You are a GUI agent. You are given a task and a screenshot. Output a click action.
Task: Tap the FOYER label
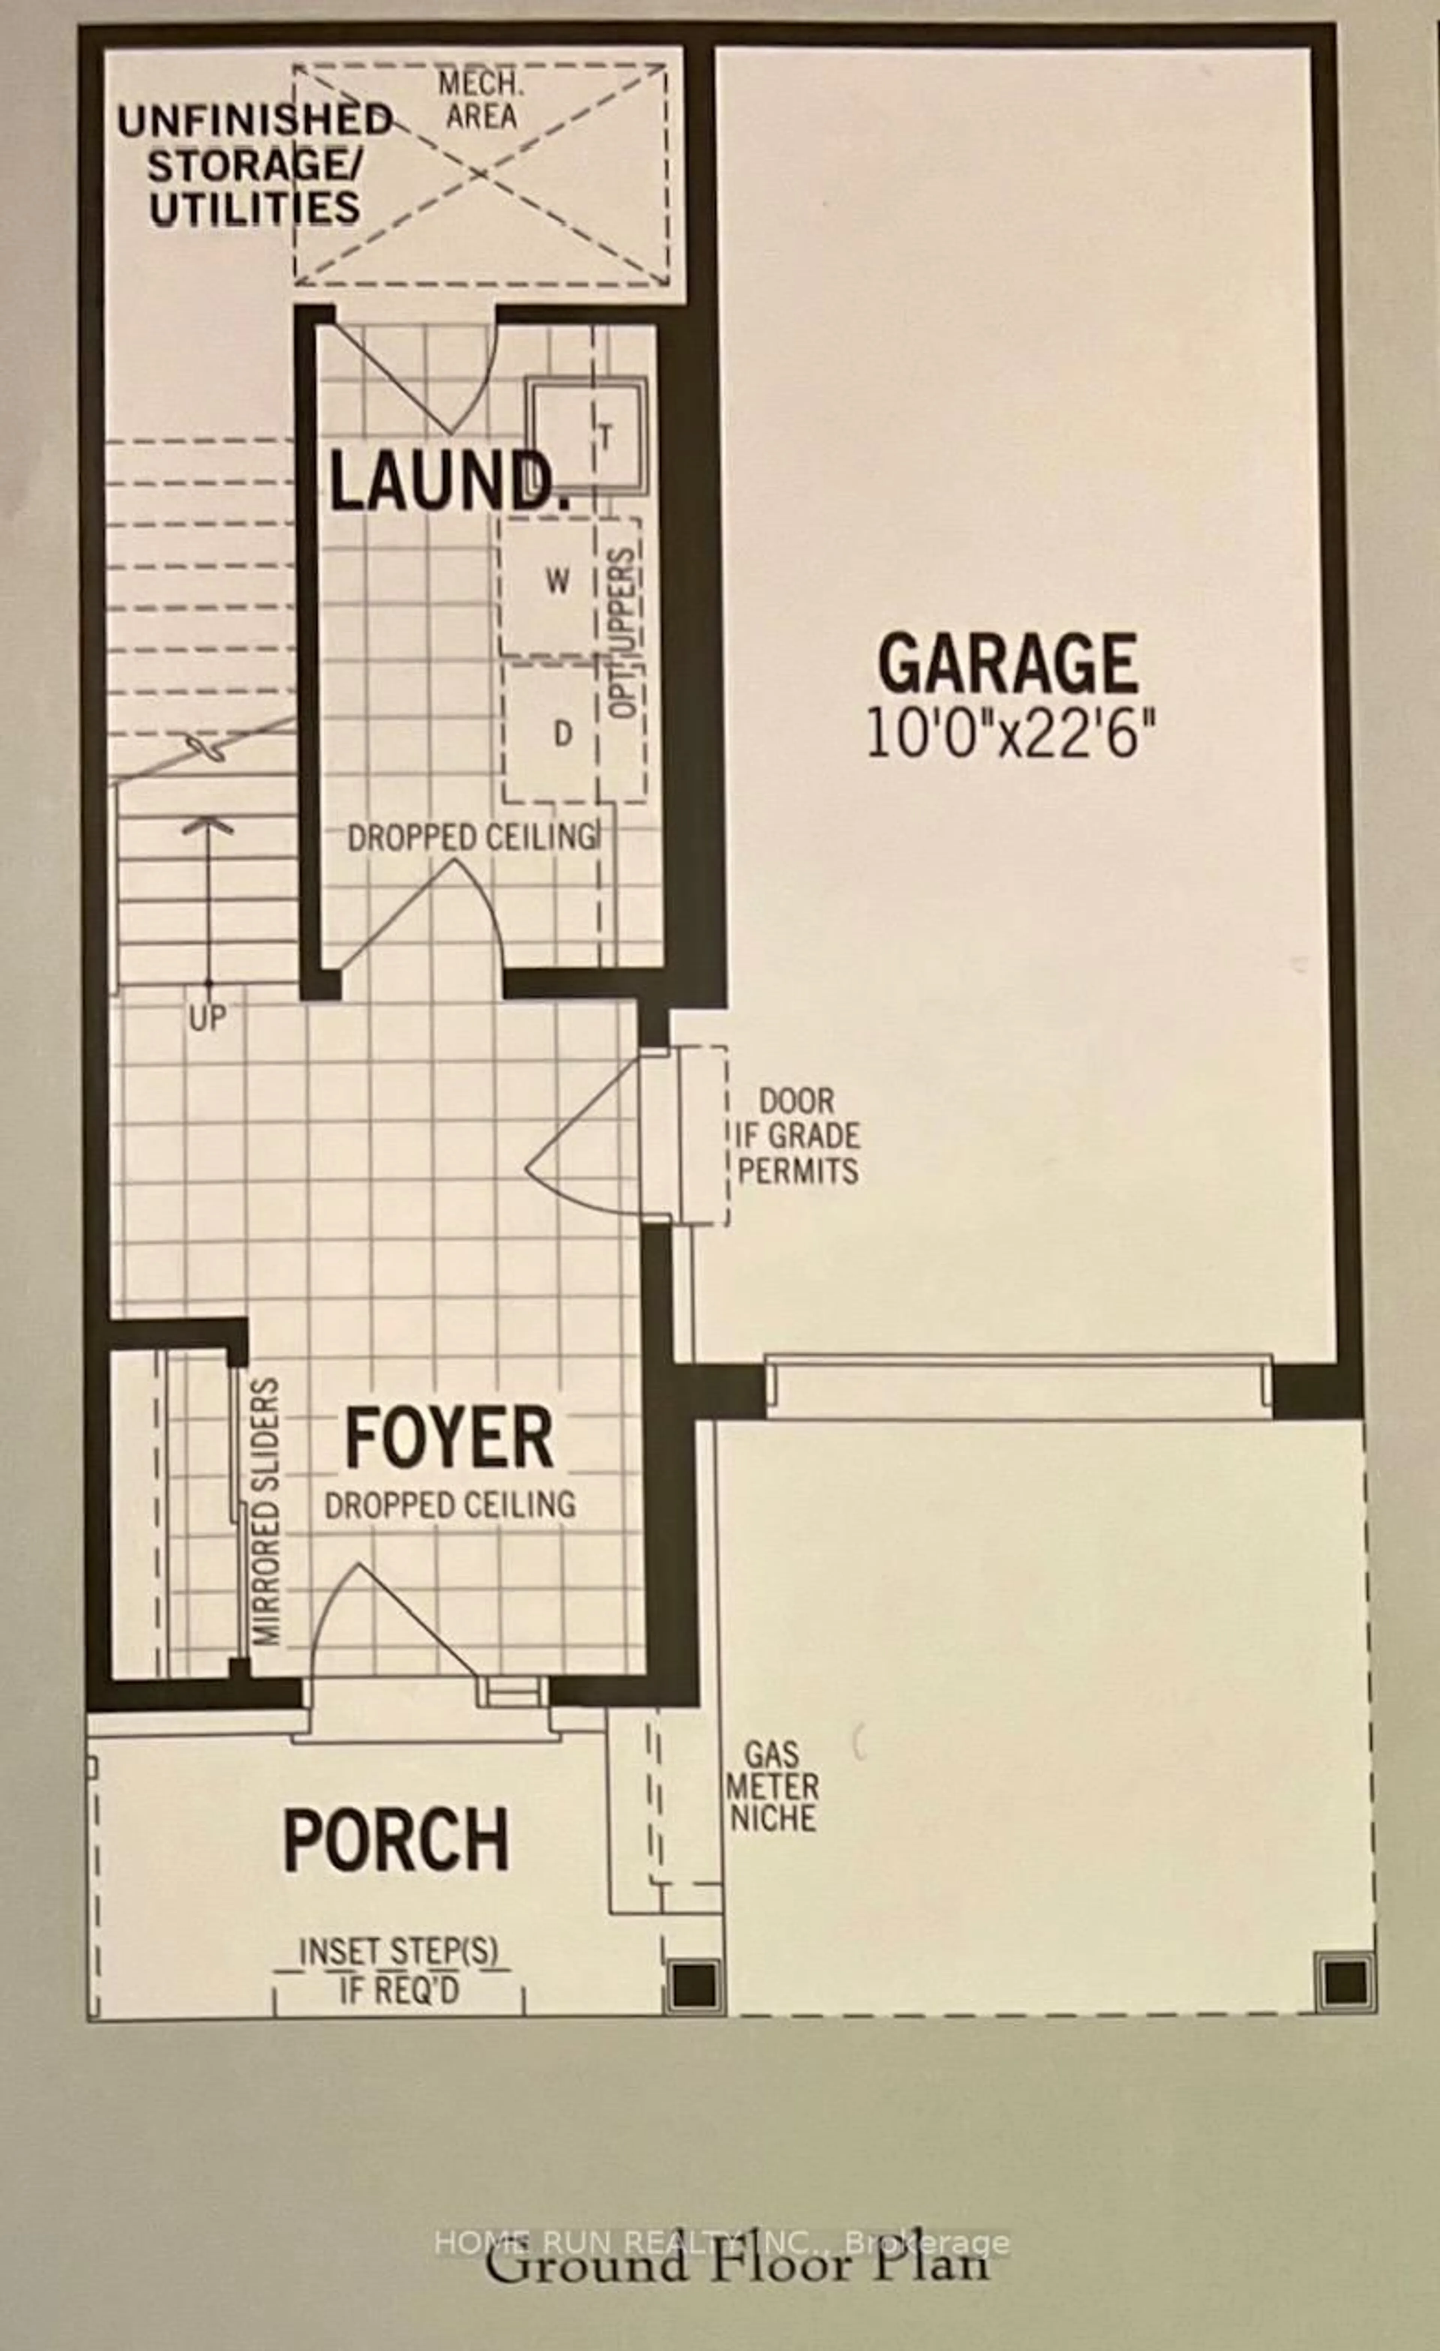coord(448,1438)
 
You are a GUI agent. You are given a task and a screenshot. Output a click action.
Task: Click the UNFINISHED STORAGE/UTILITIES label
coord(254,165)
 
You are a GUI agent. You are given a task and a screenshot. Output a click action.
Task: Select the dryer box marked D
coord(563,733)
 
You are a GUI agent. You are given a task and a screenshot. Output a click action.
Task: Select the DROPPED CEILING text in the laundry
coord(471,837)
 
